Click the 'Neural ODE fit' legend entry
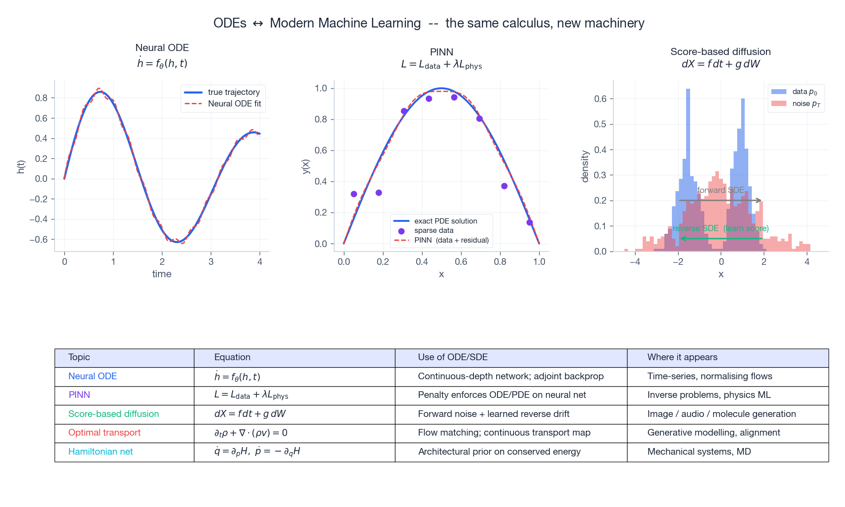pos(234,104)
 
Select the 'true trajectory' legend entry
pos(233,92)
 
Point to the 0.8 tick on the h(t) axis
pos(41,98)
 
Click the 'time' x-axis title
pos(162,274)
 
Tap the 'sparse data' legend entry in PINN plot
pos(434,231)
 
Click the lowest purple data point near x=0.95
pos(529,223)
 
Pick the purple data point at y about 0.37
pos(504,186)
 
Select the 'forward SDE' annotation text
pos(720,190)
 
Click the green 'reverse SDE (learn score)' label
pos(720,228)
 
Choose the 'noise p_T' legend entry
pos(806,104)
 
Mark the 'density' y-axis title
pos(585,166)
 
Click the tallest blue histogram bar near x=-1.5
pos(688,133)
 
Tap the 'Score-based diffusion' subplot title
pos(720,52)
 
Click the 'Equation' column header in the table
pos(232,358)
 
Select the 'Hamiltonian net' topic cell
pos(101,452)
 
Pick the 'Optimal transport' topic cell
pos(104,433)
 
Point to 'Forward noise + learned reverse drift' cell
pos(494,414)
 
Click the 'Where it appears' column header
pos(682,358)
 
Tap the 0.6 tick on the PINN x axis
pos(461,262)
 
